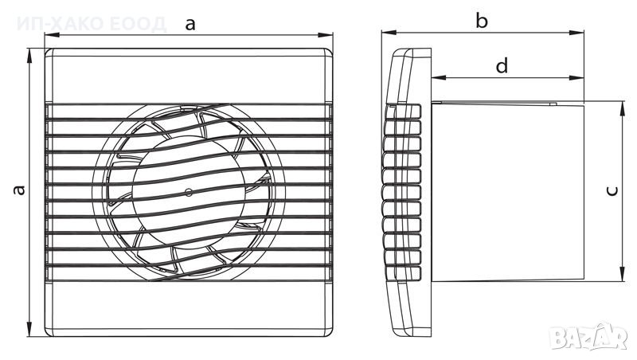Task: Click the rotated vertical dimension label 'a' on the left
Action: (x=20, y=190)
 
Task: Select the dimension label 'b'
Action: (x=481, y=21)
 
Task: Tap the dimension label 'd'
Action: (x=501, y=66)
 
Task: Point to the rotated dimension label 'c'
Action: (x=611, y=190)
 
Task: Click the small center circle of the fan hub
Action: (x=189, y=192)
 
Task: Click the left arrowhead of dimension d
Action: (x=437, y=78)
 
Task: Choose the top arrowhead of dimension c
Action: (x=620, y=106)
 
